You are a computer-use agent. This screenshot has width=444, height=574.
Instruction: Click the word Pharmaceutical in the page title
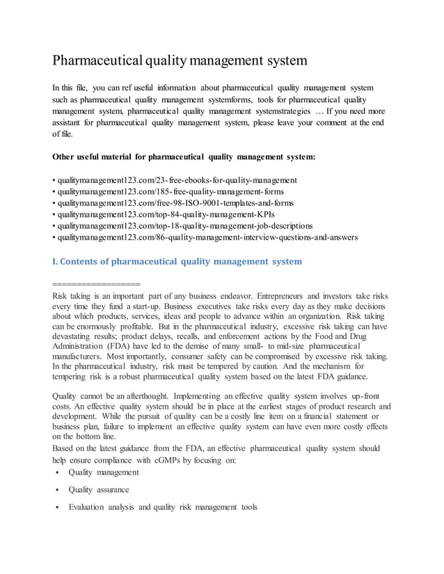97,60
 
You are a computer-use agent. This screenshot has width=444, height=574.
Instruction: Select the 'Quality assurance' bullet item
98,490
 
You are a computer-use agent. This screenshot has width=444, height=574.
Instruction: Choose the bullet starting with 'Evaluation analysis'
162,507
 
